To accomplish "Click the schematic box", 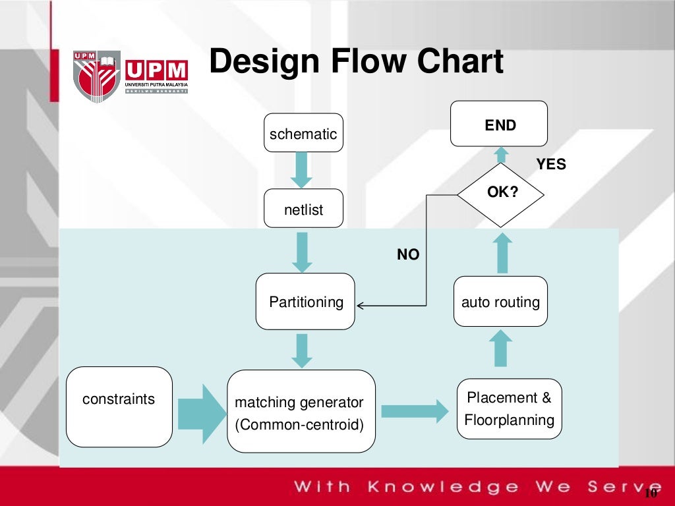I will (303, 133).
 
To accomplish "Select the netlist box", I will (303, 209).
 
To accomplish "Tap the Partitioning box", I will (305, 302).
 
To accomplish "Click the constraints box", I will (119, 407).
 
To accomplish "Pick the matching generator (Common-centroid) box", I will (301, 412).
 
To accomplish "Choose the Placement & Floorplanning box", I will (509, 408).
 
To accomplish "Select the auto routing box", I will (500, 302).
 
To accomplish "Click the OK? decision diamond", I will (501, 193).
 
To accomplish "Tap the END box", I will (499, 124).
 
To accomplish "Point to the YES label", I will (551, 165).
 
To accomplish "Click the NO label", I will (408, 254).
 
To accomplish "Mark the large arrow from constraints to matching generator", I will (201, 412).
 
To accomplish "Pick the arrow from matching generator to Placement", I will (414, 411).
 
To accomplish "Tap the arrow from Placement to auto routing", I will (502, 348).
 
